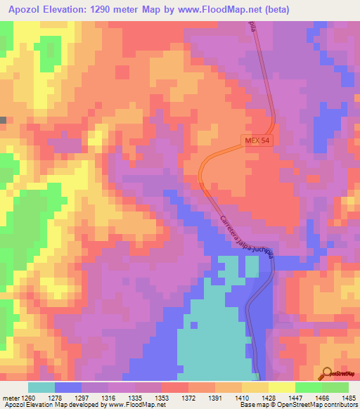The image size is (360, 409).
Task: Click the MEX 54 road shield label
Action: click(257, 141)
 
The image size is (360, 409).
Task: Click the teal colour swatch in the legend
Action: click(41, 387)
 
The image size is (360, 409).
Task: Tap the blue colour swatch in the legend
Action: click(68, 387)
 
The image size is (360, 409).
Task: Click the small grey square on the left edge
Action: click(3, 120)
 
